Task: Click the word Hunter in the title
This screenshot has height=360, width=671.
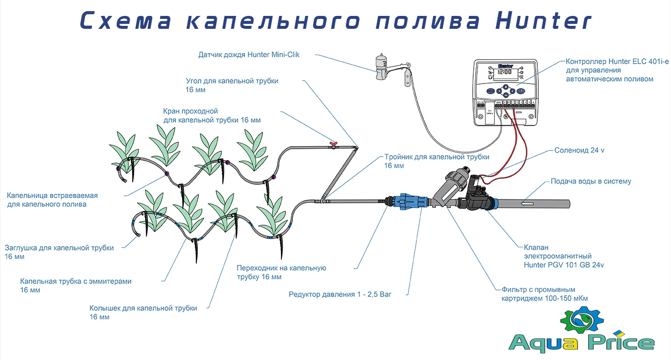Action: [x=543, y=21]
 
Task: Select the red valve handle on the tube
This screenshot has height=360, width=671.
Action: [x=333, y=145]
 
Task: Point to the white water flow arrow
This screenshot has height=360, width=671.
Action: [x=527, y=203]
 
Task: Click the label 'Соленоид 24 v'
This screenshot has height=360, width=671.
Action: [x=579, y=150]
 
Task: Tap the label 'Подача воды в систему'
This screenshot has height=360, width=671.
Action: [x=590, y=181]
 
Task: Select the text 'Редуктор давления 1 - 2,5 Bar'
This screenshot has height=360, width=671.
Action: [x=340, y=294]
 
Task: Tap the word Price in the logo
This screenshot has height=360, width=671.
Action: [x=624, y=343]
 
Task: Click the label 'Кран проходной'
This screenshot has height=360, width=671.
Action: [x=190, y=111]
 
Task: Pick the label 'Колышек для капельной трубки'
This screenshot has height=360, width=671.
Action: [x=143, y=308]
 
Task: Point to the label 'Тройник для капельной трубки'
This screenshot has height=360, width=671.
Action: [x=437, y=157]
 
